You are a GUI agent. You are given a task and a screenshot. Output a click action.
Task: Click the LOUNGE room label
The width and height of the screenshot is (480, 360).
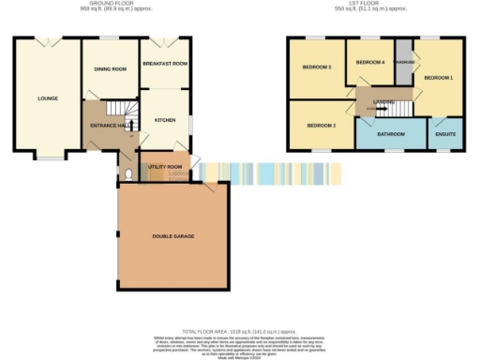click(47, 97)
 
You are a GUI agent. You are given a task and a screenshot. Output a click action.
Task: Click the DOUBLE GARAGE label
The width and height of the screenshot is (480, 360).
click(172, 236)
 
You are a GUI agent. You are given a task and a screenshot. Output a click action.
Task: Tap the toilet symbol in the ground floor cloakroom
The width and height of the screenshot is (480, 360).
click(127, 172)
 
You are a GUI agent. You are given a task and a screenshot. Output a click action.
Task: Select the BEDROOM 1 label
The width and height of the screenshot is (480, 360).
click(438, 78)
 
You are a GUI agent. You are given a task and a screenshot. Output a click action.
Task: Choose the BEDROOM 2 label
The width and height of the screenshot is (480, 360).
click(321, 125)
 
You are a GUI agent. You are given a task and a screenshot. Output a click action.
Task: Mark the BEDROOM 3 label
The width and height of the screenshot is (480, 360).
click(317, 67)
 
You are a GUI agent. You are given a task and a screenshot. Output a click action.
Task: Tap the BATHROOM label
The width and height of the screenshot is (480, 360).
click(390, 134)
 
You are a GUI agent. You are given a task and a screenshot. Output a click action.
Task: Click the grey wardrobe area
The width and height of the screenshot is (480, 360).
click(405, 63)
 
